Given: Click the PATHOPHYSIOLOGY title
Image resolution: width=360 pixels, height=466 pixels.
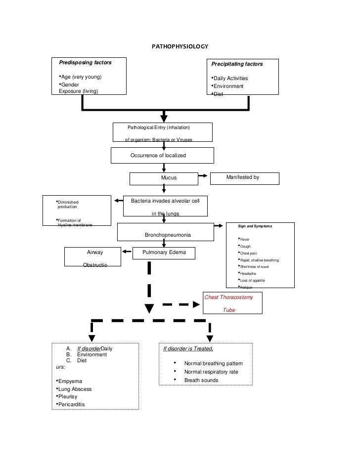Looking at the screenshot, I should [180, 47].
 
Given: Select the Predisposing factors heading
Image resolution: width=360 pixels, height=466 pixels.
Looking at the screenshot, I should [85, 63].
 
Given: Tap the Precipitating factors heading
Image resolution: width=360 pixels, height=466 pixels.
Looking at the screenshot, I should [237, 64].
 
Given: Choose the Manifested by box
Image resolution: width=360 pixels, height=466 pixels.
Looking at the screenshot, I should [245, 177].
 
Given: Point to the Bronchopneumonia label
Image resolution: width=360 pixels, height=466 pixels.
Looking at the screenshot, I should [168, 234].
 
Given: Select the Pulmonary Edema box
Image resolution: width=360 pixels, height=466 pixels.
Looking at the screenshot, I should [164, 253].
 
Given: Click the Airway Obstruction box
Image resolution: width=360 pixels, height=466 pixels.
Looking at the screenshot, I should [92, 258].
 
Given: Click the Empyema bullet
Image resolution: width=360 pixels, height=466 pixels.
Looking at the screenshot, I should [70, 381].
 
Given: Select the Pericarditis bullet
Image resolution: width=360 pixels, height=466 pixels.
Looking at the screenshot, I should [72, 405].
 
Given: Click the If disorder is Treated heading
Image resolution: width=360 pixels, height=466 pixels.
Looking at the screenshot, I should [188, 349].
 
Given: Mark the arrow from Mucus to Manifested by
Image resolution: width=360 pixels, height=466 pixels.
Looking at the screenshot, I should [202, 175].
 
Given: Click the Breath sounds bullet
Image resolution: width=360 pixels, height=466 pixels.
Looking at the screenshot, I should [201, 380].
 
